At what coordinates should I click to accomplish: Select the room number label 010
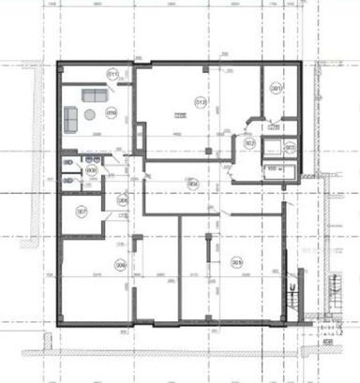tap(112, 115)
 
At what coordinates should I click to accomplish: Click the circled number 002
tap(249, 142)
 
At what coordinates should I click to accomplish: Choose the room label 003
tap(290, 148)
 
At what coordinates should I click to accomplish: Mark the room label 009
tap(92, 170)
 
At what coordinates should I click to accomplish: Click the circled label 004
tap(191, 183)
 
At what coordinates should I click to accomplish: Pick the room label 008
tap(122, 199)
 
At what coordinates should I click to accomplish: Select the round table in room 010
tap(89, 114)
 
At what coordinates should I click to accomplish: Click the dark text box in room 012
tap(180, 114)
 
